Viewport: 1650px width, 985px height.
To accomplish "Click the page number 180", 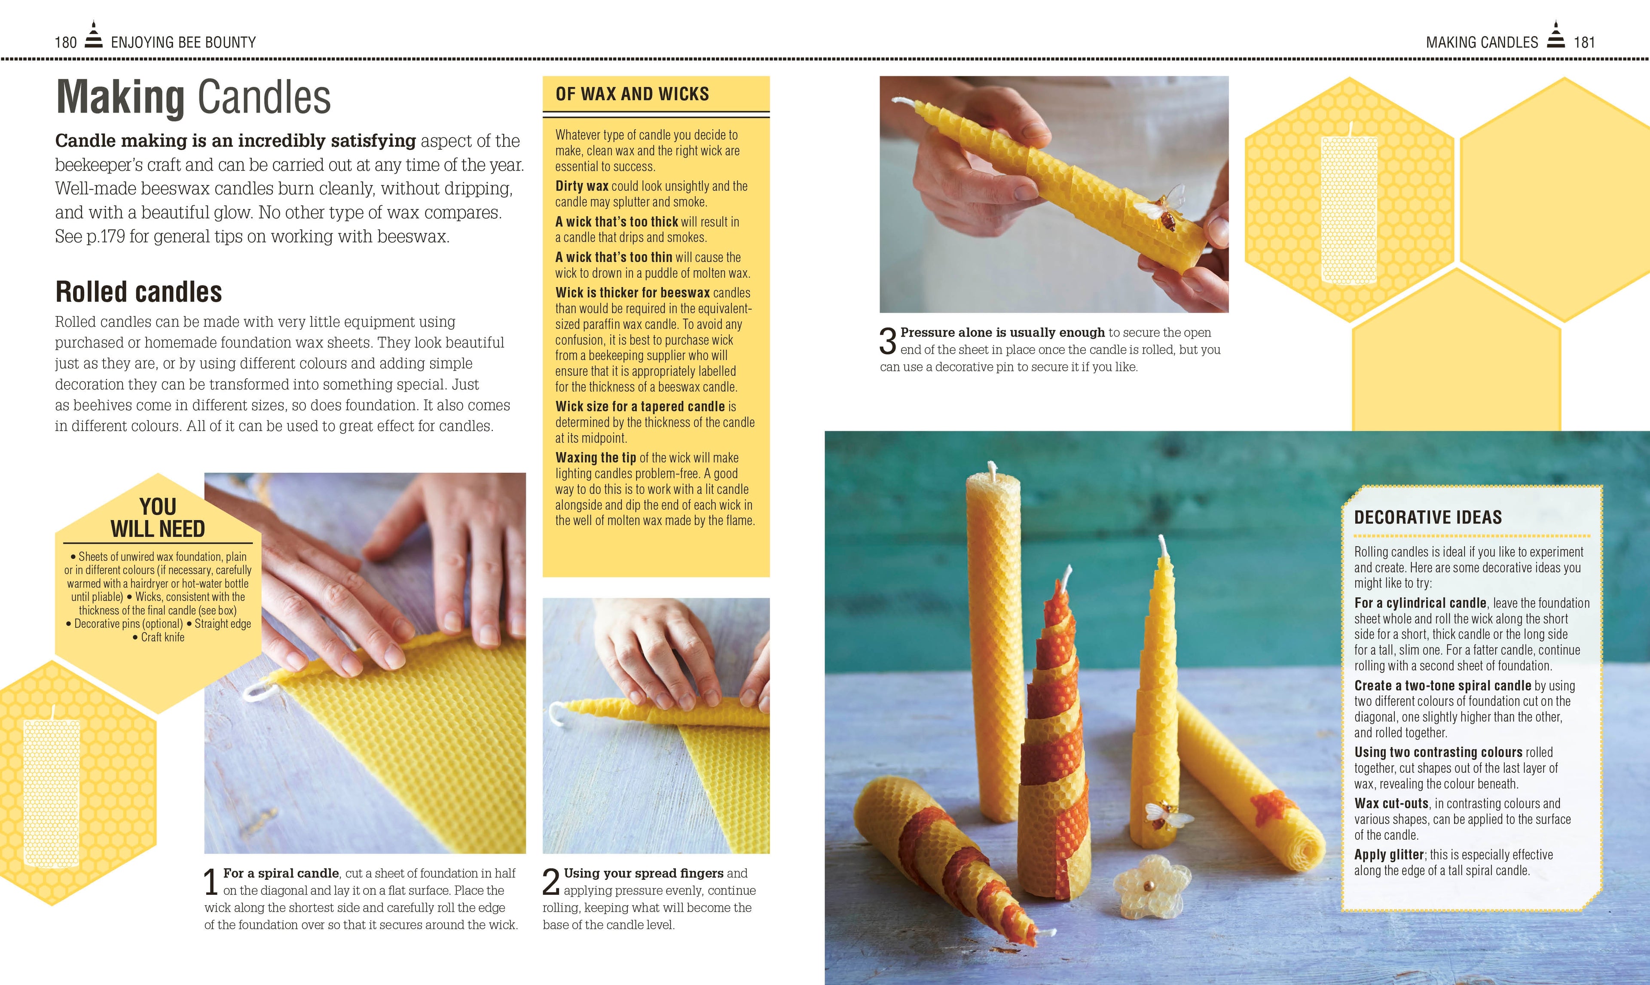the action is (66, 43).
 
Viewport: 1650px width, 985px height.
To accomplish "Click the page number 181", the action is (1584, 43).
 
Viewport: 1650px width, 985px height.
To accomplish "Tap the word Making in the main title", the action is (120, 97).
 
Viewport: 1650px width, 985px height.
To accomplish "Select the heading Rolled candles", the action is (139, 292).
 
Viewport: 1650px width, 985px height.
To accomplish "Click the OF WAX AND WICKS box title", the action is (632, 94).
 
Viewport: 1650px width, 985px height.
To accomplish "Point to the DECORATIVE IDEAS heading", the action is (1428, 517).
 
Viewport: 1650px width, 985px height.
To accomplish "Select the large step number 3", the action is (888, 341).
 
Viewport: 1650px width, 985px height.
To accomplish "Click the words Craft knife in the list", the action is (163, 637).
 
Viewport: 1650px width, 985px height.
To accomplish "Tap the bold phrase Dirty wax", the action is (582, 186).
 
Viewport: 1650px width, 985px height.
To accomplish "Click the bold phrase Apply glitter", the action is (1389, 855).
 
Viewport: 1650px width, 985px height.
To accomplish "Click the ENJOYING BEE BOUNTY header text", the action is (183, 43).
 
